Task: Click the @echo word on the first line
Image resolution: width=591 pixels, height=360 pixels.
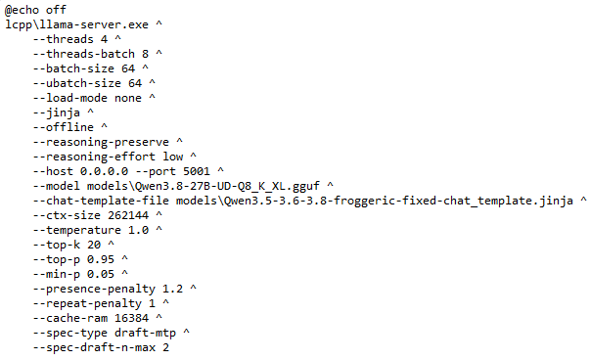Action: (x=22, y=10)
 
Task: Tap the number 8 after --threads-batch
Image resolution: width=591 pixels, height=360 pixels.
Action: (x=145, y=54)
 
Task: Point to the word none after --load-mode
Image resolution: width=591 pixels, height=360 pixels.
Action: (x=128, y=98)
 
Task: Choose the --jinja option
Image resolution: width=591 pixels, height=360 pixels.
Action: (x=56, y=112)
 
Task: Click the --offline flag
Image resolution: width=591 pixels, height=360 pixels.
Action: (x=63, y=127)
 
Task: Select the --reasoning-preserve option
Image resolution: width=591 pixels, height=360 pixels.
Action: (x=101, y=142)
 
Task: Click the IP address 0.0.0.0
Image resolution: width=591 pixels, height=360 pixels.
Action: (x=104, y=171)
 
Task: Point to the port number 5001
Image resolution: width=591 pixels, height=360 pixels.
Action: (x=197, y=171)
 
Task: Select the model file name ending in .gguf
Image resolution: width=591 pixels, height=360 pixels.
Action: (x=204, y=186)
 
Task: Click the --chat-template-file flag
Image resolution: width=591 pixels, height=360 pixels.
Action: (x=101, y=201)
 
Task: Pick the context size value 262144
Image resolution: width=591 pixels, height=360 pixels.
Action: (x=128, y=215)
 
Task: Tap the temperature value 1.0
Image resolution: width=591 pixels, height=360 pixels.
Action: (x=138, y=230)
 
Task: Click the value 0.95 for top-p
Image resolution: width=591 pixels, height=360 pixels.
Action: (x=101, y=259)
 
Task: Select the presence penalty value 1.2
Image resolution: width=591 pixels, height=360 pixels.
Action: (x=172, y=290)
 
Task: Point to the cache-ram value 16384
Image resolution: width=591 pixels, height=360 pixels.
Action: (x=131, y=319)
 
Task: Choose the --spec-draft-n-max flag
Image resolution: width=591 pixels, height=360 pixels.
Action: (x=94, y=348)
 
